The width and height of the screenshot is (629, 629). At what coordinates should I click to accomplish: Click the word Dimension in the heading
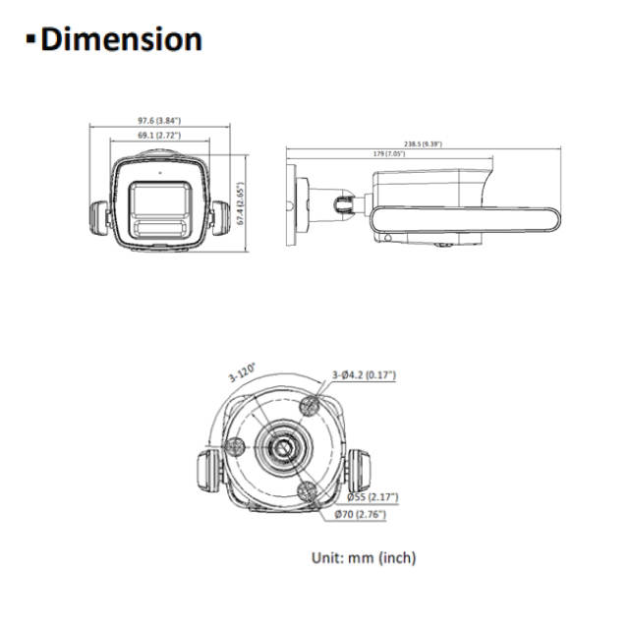coord(122,39)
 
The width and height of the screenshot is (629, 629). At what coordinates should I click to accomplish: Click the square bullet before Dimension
coord(29,40)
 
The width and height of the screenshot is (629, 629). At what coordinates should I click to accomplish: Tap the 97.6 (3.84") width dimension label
coord(160,121)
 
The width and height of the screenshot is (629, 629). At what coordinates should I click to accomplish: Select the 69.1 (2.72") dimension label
coord(159,135)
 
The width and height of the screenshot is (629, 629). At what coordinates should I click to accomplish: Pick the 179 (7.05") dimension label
coord(388,154)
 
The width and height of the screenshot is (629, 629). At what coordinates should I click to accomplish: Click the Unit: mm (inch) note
coord(364,557)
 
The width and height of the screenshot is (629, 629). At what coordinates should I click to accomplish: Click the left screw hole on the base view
coord(235,446)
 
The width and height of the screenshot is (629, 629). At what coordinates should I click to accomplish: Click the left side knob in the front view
coord(99,217)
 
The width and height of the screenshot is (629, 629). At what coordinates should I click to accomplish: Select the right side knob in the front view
coord(220,217)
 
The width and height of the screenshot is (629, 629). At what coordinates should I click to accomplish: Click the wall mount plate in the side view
coord(292,201)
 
